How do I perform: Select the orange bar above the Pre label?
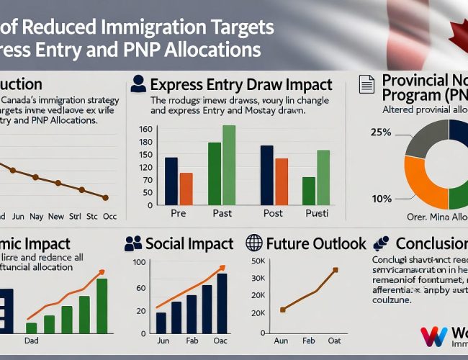coord(186,189)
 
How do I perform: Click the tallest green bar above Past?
coord(229,165)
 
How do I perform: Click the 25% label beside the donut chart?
coord(381,132)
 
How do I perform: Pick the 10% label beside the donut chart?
coord(382,199)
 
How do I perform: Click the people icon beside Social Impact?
coord(133,243)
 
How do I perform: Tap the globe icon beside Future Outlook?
coord(254,243)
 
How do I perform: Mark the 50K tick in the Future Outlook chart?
coord(258,260)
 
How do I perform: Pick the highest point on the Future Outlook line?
coord(335,271)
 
